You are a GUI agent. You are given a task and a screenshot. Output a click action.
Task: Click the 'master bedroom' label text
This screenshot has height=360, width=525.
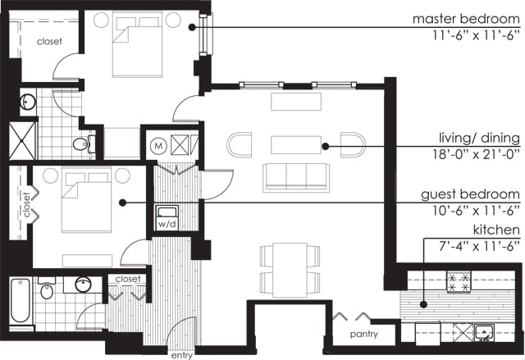[x=466, y=19]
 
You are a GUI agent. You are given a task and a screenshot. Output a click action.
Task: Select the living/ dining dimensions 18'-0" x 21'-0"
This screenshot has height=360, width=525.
[x=476, y=154]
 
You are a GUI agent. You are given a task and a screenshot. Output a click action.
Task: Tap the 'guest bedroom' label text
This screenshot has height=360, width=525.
[x=470, y=194]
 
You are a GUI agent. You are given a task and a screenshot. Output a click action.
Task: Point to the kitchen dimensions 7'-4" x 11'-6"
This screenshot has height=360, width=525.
[x=479, y=246]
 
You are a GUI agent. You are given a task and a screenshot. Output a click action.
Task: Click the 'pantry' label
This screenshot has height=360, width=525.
[x=364, y=335]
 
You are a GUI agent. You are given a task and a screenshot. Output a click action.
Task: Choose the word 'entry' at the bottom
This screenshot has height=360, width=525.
[x=182, y=355]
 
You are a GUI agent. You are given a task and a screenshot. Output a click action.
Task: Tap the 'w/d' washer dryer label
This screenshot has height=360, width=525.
[x=167, y=224]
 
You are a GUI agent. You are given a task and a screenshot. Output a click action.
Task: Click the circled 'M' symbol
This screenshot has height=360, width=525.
[x=158, y=146]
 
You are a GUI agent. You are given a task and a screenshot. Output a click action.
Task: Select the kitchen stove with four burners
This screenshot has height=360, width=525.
[x=459, y=282]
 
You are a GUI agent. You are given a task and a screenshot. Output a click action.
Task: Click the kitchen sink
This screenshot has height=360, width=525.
[x=484, y=332]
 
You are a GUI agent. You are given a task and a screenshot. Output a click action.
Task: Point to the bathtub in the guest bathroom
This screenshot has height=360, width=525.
[x=21, y=300]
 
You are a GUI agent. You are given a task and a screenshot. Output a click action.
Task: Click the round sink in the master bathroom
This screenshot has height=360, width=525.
[x=28, y=102]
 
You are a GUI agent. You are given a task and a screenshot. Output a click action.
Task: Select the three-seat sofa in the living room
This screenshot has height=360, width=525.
[x=296, y=178]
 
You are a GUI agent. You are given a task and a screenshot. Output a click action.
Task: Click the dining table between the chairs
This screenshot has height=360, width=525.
[x=290, y=270]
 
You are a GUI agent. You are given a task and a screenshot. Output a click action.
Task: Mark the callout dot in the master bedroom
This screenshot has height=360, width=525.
[x=192, y=27]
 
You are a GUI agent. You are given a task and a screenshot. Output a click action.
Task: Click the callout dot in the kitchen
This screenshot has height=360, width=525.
[x=423, y=304]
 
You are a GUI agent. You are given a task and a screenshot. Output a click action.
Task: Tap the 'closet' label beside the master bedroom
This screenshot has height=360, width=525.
[x=49, y=42]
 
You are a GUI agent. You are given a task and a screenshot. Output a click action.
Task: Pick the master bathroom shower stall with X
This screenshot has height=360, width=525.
[x=22, y=141]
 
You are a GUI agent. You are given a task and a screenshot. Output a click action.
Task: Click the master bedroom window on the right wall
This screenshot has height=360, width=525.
[x=204, y=34]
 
